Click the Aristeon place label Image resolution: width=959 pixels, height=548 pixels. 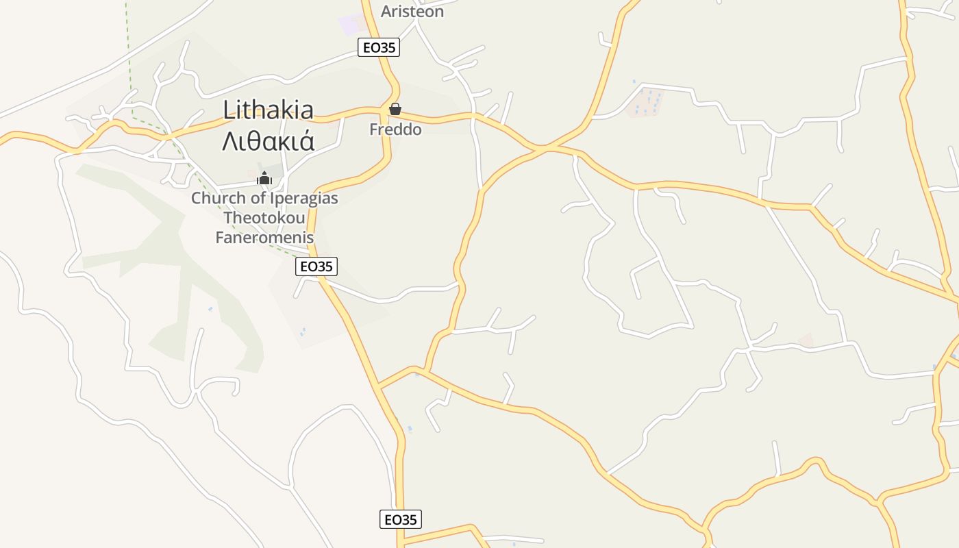[x=412, y=12]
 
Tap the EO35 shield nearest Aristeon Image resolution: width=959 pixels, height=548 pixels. [x=378, y=47]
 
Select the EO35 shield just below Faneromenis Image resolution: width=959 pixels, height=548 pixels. [x=316, y=266]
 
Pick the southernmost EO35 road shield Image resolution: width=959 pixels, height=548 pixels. [x=401, y=519]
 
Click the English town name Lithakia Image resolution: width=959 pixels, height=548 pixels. [x=268, y=110]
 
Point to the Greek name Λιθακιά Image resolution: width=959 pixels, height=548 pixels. [x=268, y=140]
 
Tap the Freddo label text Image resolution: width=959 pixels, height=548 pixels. [x=395, y=129]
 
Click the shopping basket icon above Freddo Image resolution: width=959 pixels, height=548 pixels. [x=395, y=109]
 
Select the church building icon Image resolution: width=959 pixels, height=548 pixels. [x=264, y=178]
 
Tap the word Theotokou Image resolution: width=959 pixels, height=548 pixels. [x=264, y=218]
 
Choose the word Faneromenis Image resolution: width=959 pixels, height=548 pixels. [x=264, y=238]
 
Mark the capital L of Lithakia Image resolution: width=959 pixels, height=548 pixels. [x=229, y=110]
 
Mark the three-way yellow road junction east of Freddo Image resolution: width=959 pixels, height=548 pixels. [x=542, y=148]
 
